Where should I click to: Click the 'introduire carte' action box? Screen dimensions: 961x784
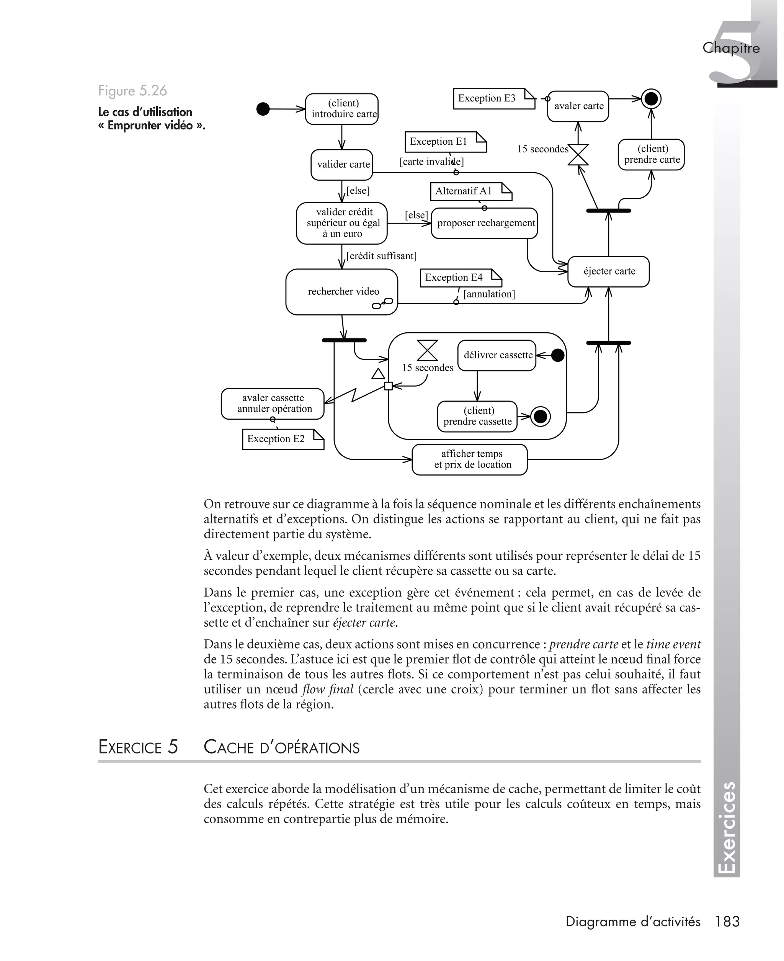(341, 109)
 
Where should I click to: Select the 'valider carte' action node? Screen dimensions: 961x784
(342, 164)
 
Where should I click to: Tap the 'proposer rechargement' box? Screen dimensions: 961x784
(484, 223)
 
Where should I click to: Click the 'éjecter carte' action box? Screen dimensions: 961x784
(608, 271)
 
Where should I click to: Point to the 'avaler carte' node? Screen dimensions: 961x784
(578, 106)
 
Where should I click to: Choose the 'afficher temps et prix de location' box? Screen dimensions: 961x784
(470, 459)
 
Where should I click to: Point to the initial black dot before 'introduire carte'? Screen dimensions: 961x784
(263, 109)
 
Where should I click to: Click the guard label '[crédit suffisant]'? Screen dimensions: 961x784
(381, 256)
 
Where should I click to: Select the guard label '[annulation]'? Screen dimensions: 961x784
(489, 294)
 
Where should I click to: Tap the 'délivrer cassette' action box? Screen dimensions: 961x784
(497, 355)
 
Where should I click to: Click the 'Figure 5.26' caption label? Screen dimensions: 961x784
(132, 91)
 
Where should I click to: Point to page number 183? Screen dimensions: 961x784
(727, 921)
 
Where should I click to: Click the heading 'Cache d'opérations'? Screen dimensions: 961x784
(281, 747)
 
